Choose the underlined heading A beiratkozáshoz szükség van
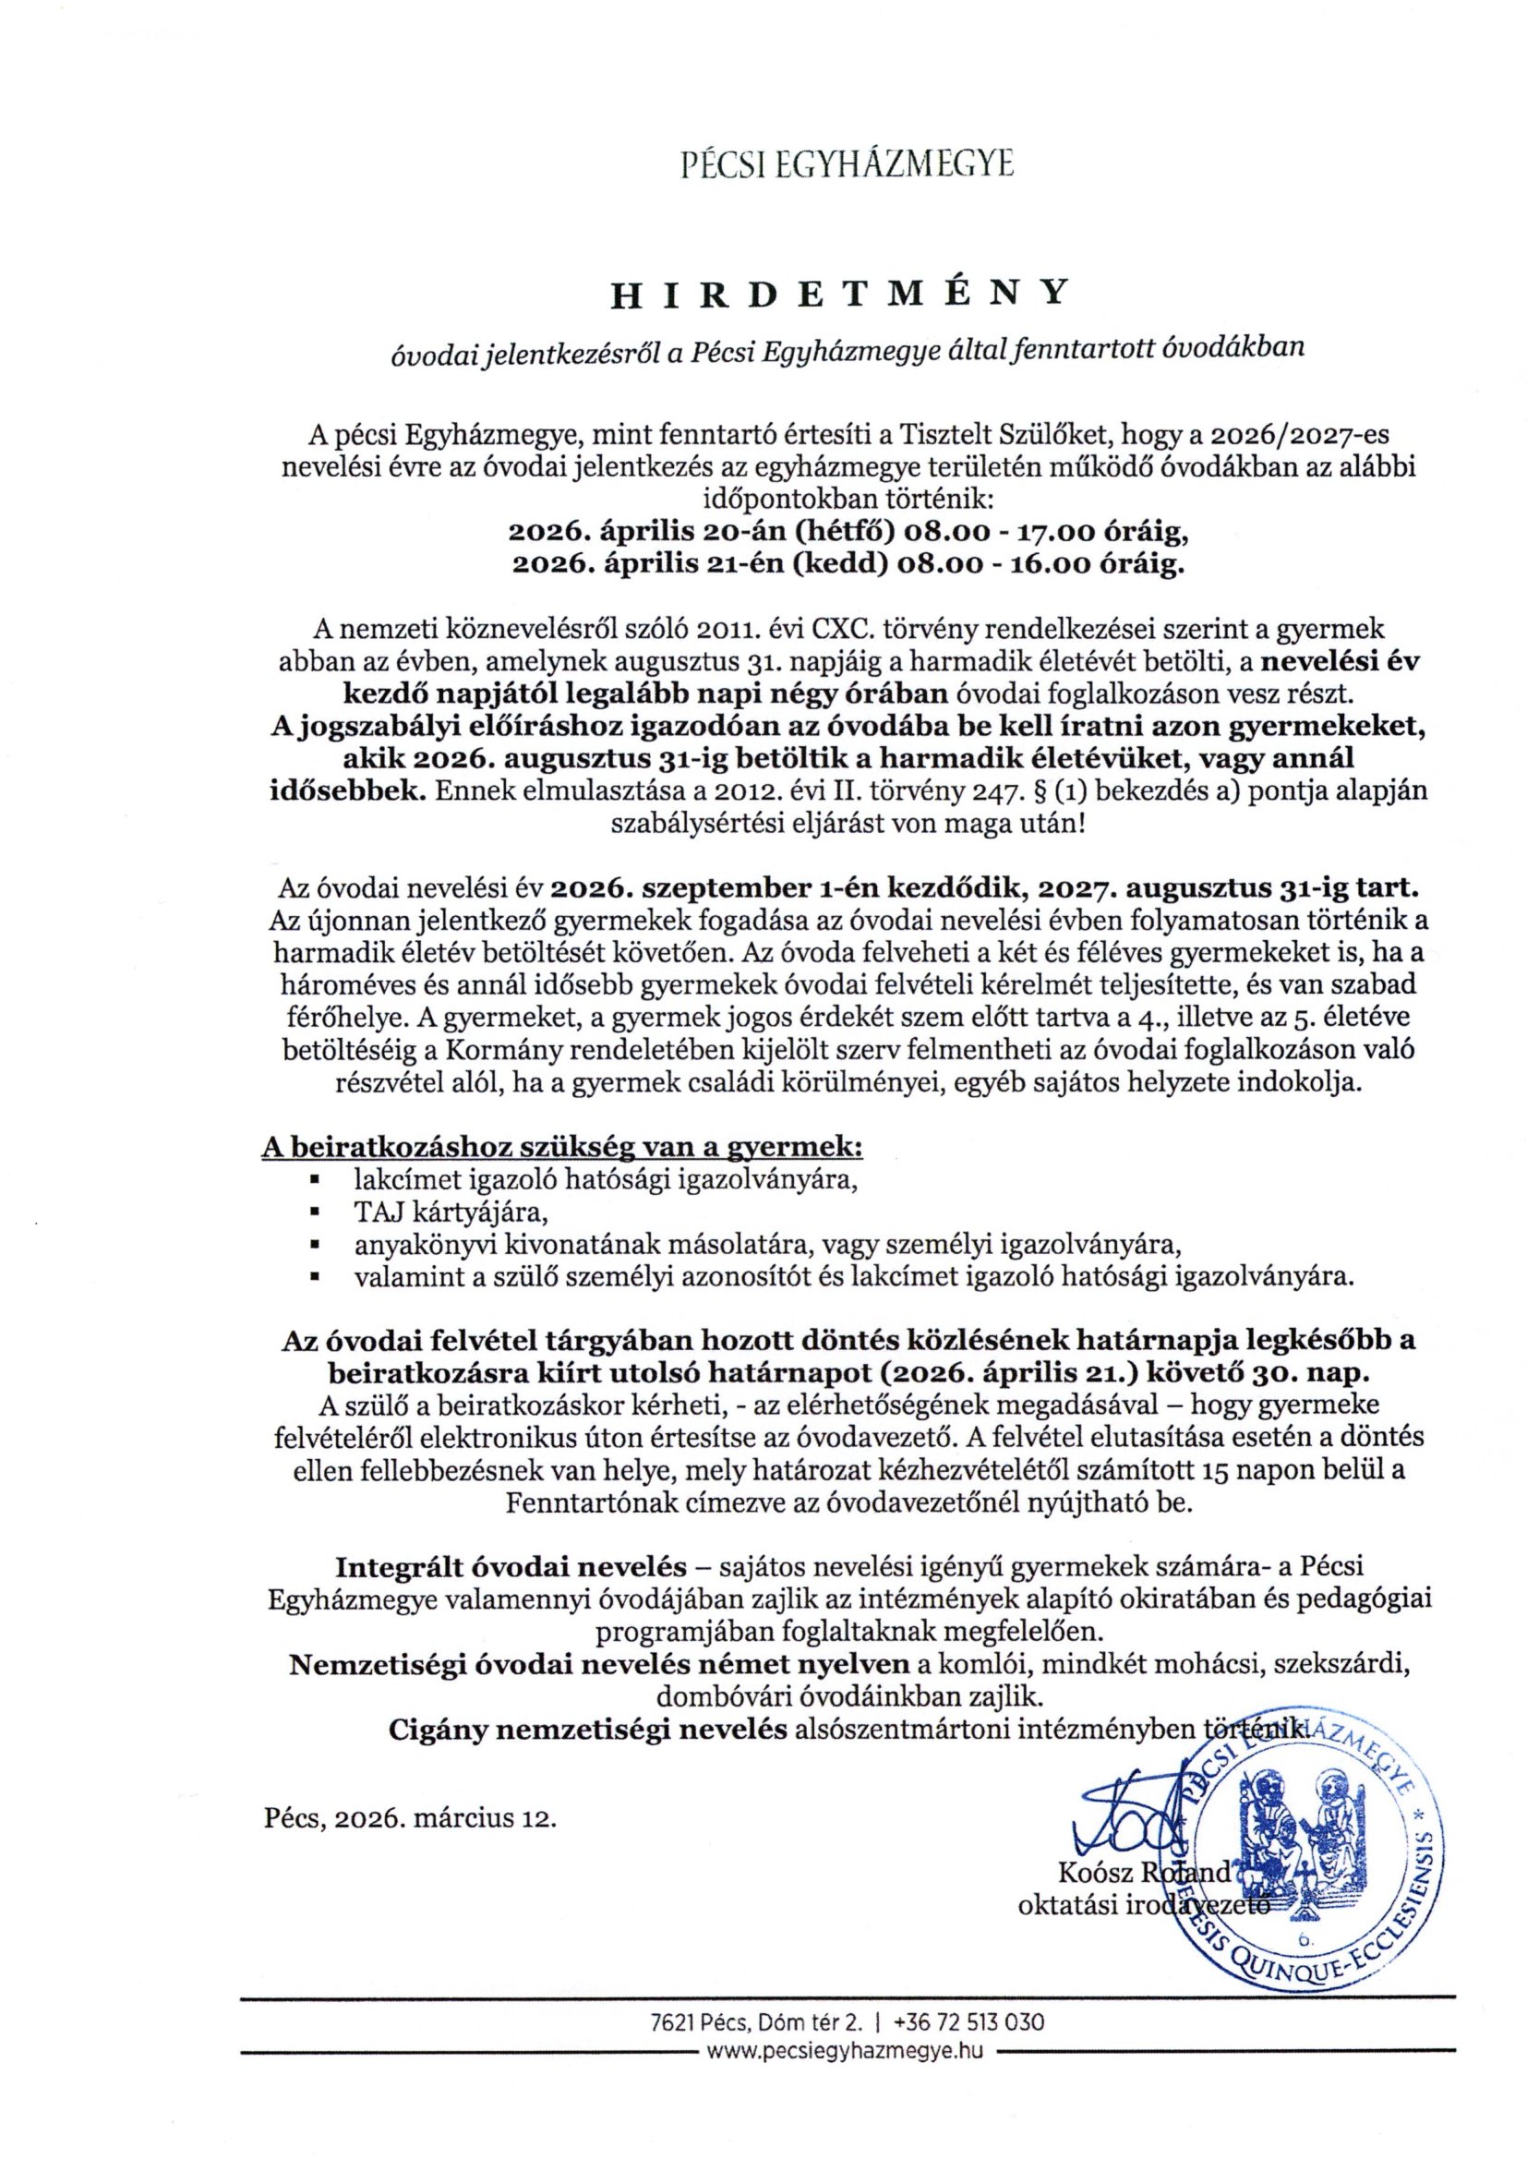562,1148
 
